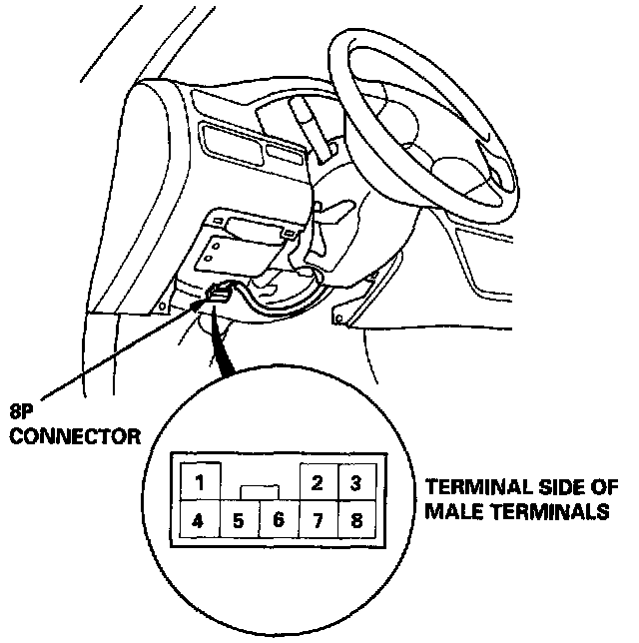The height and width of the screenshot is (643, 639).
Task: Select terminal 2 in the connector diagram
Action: point(317,483)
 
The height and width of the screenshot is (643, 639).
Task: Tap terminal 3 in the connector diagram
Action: point(354,483)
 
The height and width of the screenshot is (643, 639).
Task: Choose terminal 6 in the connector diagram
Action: point(279,520)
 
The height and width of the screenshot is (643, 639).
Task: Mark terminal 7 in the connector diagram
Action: point(317,520)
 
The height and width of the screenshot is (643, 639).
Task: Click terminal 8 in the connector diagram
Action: point(354,520)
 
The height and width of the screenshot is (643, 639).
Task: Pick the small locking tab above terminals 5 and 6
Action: point(260,490)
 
